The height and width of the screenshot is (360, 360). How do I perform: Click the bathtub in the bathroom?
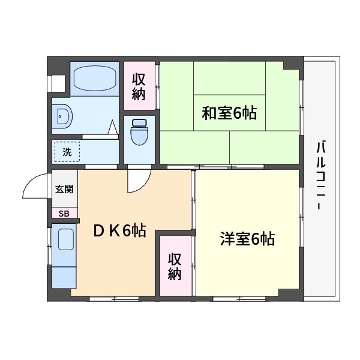coord(95,78)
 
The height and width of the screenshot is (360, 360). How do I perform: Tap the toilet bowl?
coord(139,132)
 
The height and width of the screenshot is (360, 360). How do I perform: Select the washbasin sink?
coord(62,116)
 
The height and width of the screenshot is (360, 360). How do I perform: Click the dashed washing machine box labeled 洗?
coord(67,152)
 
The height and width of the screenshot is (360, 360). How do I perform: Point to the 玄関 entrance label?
coord(64,189)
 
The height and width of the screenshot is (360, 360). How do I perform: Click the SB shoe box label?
coord(64,214)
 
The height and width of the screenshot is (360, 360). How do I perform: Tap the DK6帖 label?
coord(119,230)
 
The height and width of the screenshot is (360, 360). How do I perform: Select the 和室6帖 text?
coord(229,113)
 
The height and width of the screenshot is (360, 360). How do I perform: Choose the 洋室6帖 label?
coord(247,239)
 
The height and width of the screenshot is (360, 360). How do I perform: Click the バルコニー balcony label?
coord(321,176)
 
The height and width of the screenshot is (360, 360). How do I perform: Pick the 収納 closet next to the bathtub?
coord(139,86)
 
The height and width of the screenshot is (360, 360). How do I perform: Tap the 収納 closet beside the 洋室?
coord(175,266)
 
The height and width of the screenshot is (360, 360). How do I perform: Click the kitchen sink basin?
coord(66,239)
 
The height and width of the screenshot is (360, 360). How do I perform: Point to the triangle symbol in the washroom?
coord(113,127)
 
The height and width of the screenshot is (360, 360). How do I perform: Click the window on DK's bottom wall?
coord(114,299)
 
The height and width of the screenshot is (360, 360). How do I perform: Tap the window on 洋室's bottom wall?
coord(239,299)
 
